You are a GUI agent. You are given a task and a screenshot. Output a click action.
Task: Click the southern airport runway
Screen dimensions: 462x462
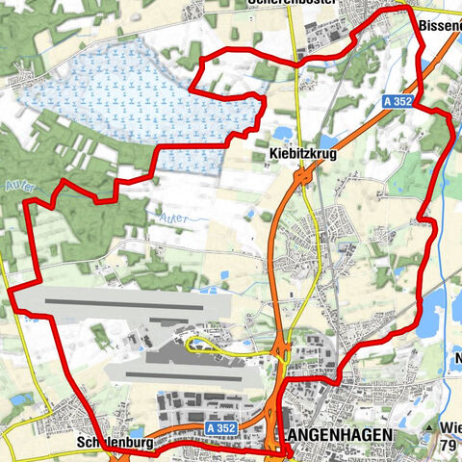[x=183, y=372]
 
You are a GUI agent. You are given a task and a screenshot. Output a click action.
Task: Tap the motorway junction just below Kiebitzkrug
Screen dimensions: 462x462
[x=302, y=177]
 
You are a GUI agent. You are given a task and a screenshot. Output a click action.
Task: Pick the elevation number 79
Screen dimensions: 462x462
[x=449, y=445]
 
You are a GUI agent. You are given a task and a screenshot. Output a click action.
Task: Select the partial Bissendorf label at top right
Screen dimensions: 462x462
[x=441, y=22]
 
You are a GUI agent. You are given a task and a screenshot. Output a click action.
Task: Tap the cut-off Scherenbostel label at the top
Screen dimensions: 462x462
[x=298, y=4]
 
